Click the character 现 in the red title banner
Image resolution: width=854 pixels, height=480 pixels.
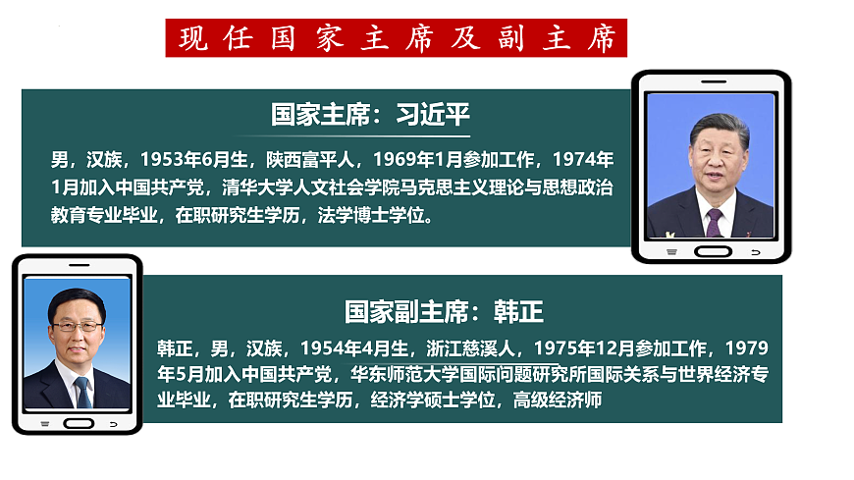[193, 38]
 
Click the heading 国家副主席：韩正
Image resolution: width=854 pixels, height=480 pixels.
[444, 312]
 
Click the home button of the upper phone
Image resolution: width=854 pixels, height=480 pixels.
[712, 251]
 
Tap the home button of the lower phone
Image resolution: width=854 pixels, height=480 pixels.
[78, 424]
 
